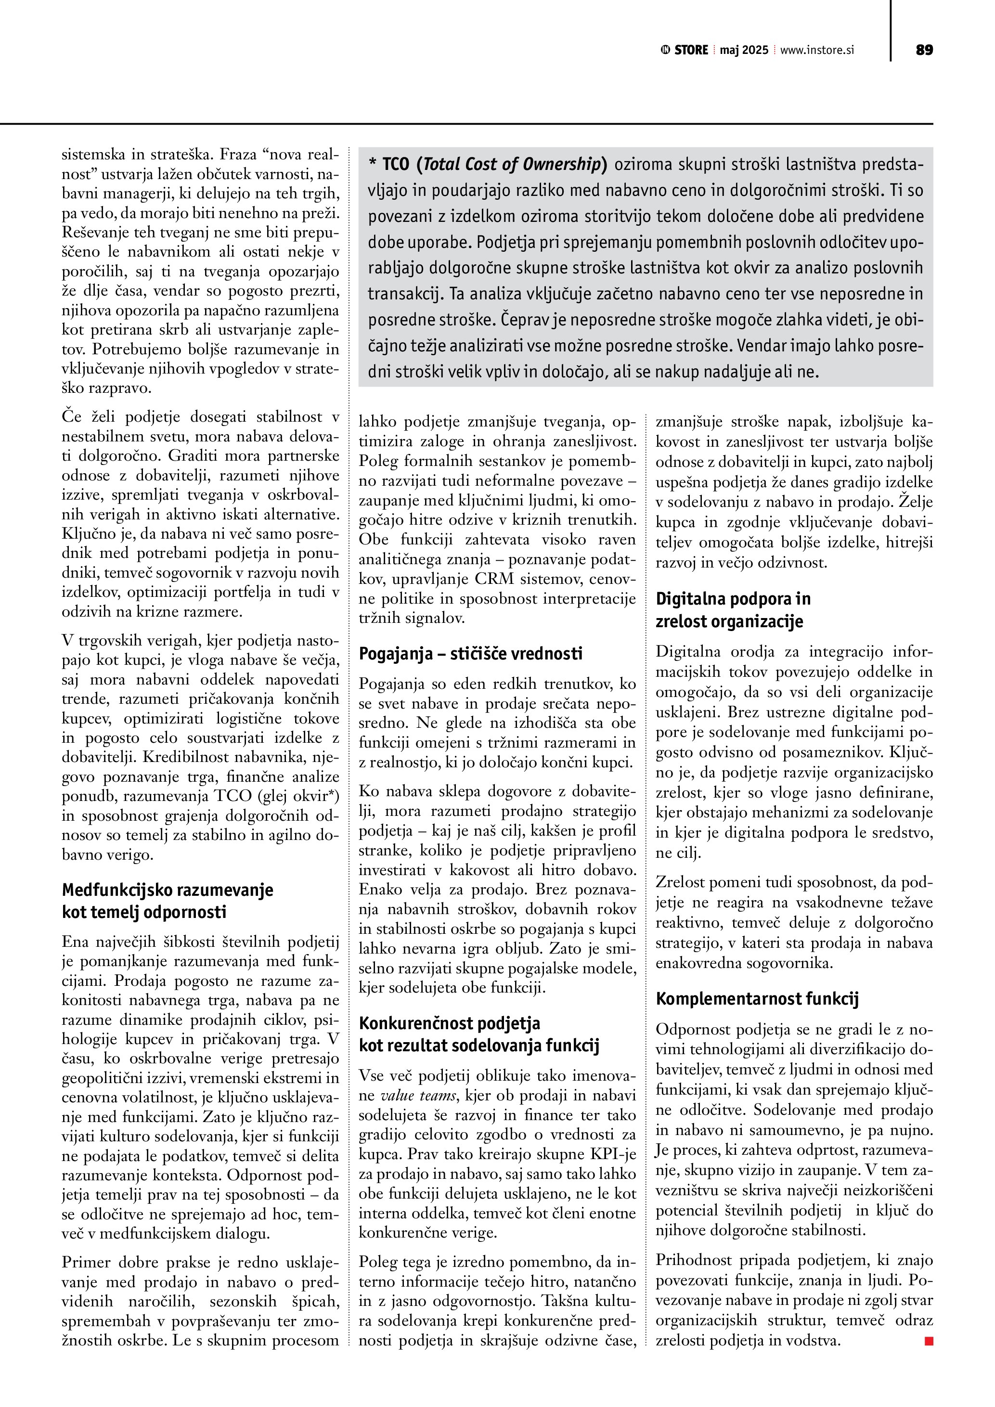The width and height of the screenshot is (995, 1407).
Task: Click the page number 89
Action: click(924, 50)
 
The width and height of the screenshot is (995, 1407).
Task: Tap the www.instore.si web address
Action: click(817, 50)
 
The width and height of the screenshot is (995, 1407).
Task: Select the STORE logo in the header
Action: click(685, 50)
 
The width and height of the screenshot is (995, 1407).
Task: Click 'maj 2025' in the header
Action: click(744, 50)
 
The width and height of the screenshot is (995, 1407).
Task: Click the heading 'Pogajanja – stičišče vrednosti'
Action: click(470, 654)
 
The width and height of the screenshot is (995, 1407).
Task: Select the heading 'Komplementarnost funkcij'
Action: click(757, 999)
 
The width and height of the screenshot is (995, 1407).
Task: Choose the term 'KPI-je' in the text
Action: click(613, 1154)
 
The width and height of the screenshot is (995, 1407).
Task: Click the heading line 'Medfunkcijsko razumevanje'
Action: click(167, 890)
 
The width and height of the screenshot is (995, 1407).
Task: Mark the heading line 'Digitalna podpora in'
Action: click(733, 599)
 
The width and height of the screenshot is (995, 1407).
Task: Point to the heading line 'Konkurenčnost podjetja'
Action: click(449, 1023)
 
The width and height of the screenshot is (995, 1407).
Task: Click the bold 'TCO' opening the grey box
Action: click(395, 164)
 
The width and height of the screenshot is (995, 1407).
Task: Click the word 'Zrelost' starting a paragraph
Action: click(678, 882)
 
